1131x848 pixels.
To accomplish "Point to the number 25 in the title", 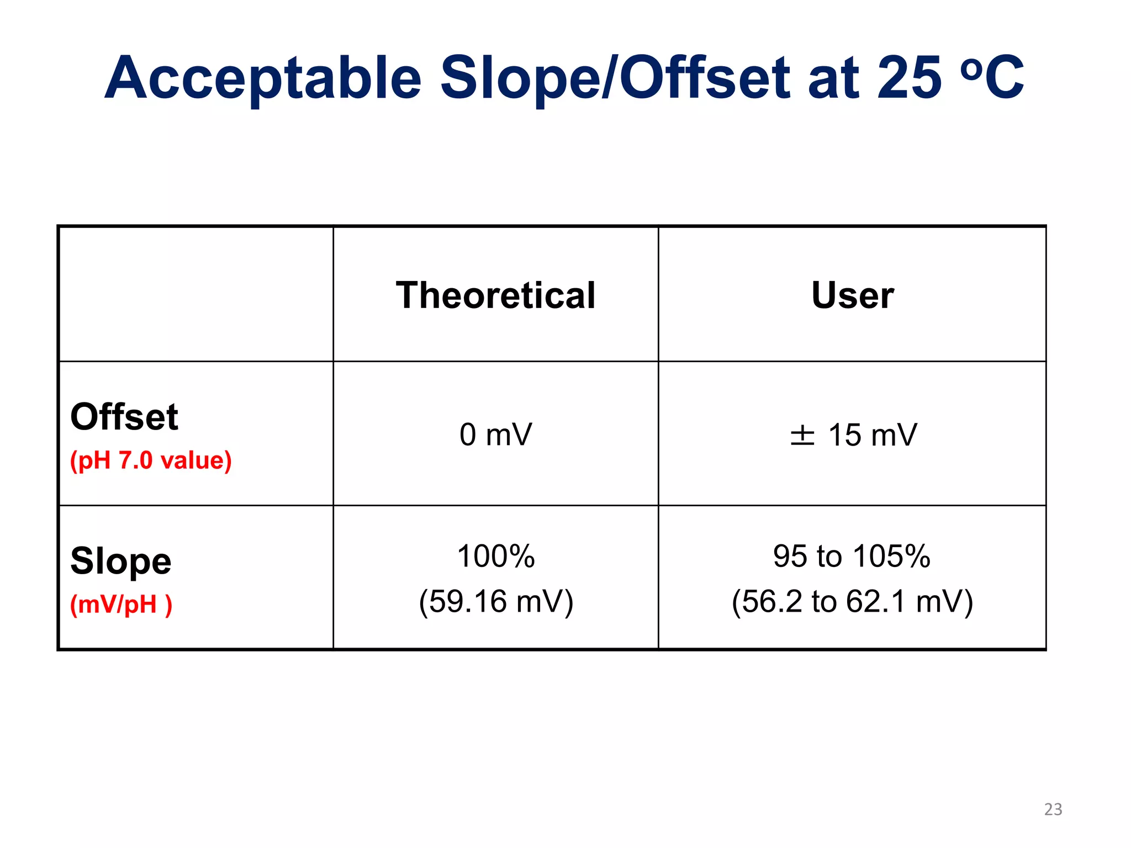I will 908,78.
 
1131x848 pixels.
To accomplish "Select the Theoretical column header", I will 495,295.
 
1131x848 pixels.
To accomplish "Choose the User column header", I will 852,295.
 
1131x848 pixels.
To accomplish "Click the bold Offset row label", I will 124,417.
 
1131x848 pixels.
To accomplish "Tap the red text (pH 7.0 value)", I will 151,460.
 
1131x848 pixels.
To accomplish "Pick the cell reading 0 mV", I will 495,434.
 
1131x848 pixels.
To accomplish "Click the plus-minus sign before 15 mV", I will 802,435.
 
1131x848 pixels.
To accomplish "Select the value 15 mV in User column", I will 873,435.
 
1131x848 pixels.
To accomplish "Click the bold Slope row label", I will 121,561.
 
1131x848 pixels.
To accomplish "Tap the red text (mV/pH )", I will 121,605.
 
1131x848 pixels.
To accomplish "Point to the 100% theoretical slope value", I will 495,556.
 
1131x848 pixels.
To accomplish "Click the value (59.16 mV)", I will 495,601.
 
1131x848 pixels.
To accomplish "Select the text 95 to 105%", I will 852,556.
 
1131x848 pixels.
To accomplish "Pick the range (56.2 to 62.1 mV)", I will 852,601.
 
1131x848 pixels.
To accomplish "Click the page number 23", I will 1053,809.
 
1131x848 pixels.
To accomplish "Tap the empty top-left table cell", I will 195,294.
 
